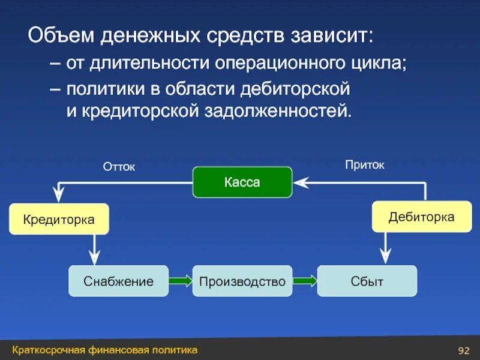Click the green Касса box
click(242, 182)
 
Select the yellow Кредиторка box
click(59, 220)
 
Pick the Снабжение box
click(118, 281)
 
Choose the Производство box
click(242, 281)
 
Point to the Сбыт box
click(367, 281)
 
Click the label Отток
click(119, 167)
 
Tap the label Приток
click(364, 164)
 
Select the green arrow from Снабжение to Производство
click(180, 281)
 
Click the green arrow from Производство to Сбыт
click(305, 281)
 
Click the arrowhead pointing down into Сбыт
click(385, 257)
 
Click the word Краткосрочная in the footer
click(48, 350)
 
